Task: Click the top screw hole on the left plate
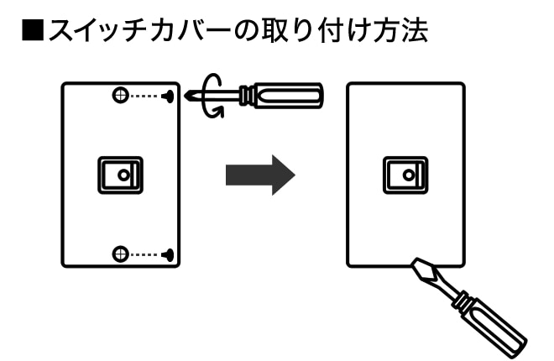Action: pos(121,96)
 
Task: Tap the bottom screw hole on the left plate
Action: pos(121,253)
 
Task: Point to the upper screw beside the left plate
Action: pos(170,96)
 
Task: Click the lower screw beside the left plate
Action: pos(170,253)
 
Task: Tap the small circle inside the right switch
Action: pos(408,175)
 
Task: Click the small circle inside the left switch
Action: pos(123,175)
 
